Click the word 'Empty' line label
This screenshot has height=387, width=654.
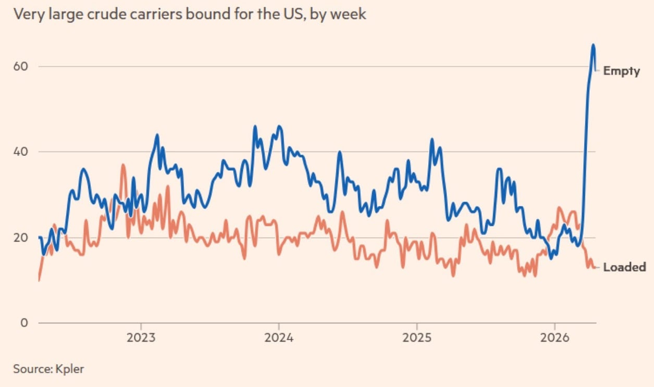tap(621, 71)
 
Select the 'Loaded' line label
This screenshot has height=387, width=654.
tap(624, 267)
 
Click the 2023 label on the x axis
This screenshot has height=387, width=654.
tap(141, 338)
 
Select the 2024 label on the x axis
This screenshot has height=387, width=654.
tap(279, 338)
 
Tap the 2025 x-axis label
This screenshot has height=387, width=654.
tap(416, 338)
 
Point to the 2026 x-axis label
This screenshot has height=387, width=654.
tap(554, 338)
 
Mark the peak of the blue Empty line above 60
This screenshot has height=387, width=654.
tap(593, 45)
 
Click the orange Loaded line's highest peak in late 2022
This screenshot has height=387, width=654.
tap(123, 165)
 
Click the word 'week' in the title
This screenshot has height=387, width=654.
tap(351, 14)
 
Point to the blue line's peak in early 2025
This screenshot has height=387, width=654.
tap(431, 139)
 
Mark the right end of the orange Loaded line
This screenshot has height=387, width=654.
tap(596, 268)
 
